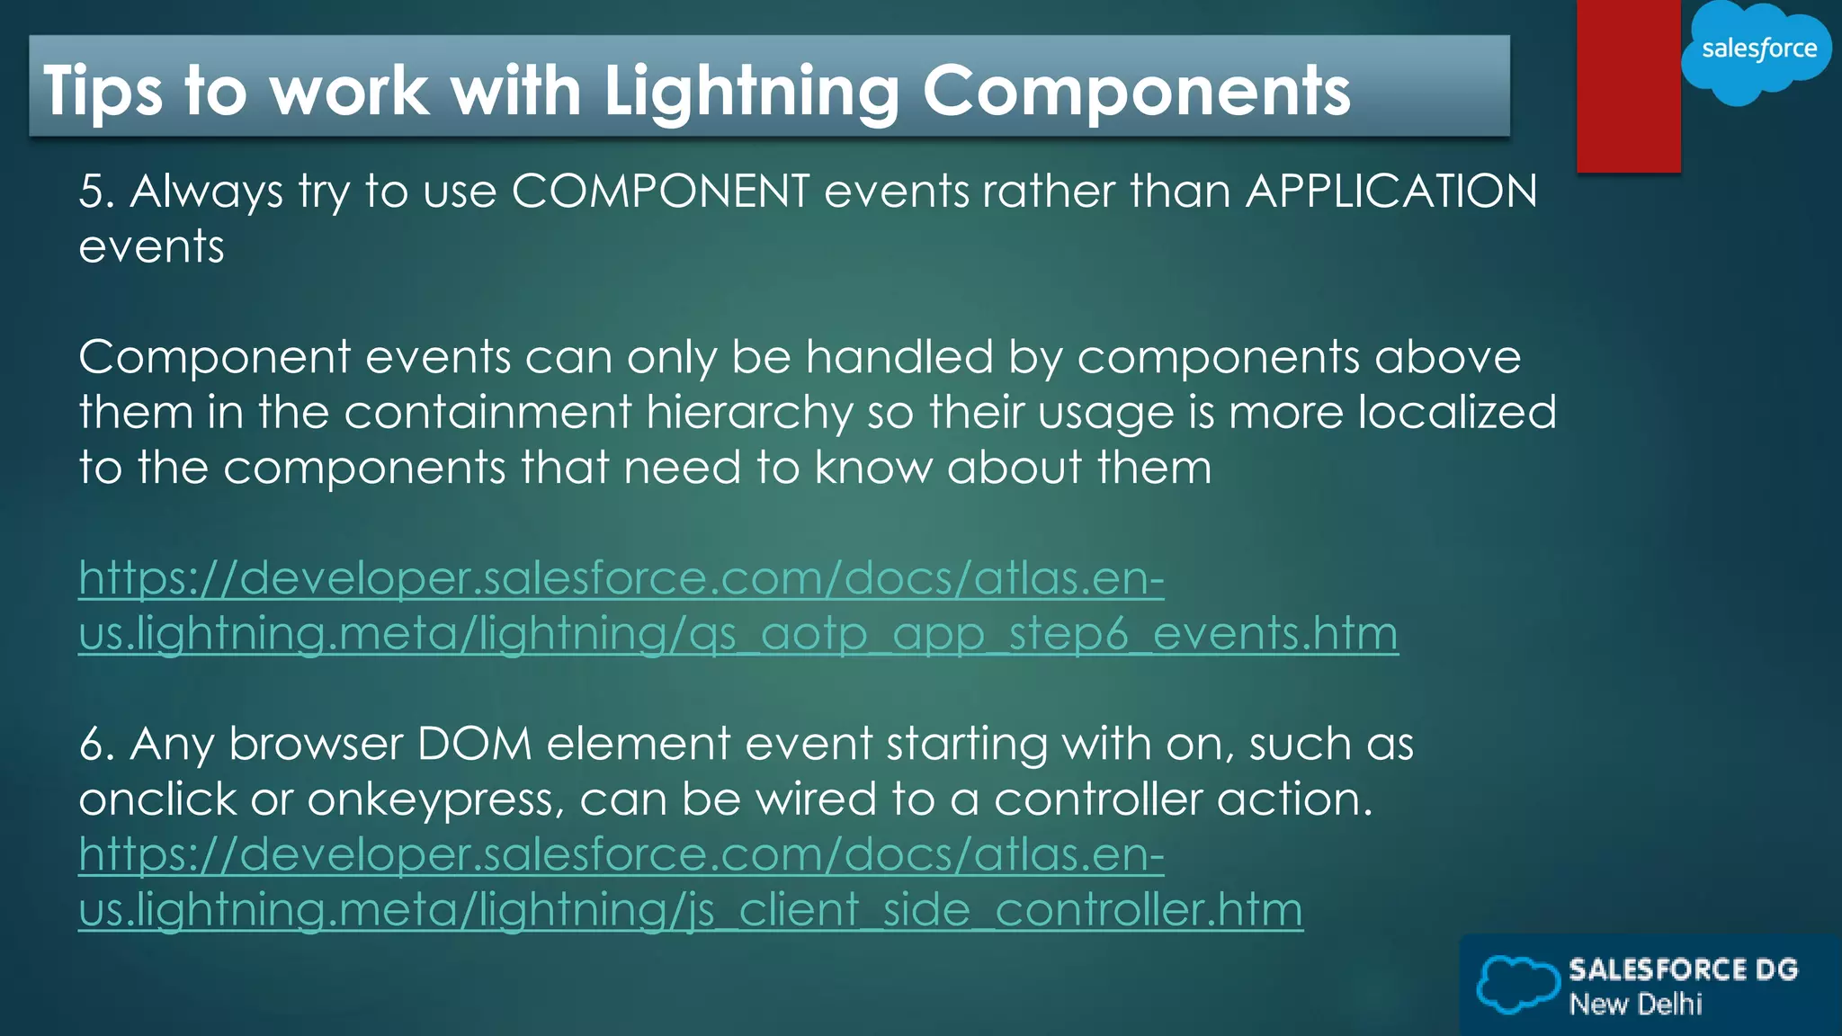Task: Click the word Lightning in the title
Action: [751, 92]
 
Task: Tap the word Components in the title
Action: [1136, 92]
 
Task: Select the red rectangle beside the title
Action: [1628, 85]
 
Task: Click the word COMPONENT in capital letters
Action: [660, 192]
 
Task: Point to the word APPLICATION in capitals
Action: [1391, 192]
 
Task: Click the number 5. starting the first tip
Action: [96, 192]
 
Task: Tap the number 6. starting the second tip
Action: [96, 745]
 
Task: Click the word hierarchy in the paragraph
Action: [749, 413]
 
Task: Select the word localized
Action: [1456, 413]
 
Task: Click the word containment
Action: [487, 413]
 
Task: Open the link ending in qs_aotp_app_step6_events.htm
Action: [738, 633]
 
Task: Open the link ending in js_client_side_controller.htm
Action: [690, 909]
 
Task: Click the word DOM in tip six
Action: [475, 745]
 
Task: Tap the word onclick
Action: [157, 800]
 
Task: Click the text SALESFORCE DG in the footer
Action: [1683, 969]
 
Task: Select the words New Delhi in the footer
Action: [1635, 1004]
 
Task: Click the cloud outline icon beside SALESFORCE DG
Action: [1518, 985]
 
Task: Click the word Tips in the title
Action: [103, 92]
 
